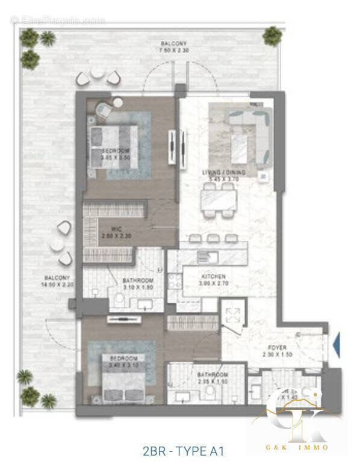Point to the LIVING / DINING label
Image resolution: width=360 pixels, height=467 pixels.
(225, 175)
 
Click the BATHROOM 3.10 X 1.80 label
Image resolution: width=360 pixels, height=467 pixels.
(138, 284)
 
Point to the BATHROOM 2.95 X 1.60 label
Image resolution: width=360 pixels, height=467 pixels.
(213, 378)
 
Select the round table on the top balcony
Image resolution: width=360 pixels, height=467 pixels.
(98, 73)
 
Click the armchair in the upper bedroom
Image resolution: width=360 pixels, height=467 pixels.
(104, 110)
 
